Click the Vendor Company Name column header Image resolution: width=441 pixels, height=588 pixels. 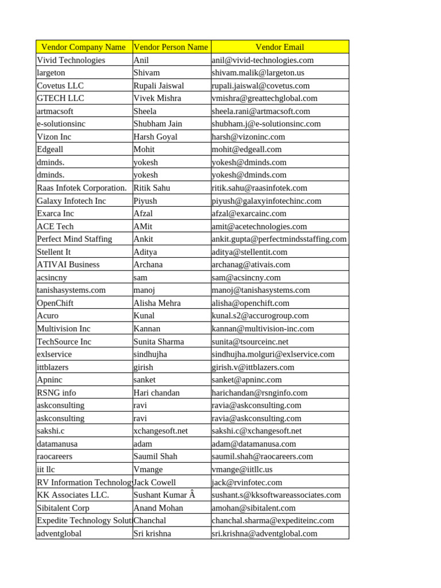(x=83, y=47)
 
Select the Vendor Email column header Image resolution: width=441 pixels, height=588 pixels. (x=280, y=47)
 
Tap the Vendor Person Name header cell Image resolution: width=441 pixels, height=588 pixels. (x=171, y=47)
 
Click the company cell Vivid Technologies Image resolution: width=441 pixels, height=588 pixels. (x=71, y=60)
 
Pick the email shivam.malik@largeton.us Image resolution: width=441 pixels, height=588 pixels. (x=258, y=73)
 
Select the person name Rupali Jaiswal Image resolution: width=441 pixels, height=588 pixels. (x=158, y=86)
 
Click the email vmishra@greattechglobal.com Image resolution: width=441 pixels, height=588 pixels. (x=264, y=98)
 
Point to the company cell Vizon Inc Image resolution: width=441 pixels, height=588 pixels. (x=54, y=137)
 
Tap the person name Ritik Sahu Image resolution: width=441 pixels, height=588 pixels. (x=152, y=188)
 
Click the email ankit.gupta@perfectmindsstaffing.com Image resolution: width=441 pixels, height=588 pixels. (x=279, y=239)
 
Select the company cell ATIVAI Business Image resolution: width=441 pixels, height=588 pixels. (x=68, y=265)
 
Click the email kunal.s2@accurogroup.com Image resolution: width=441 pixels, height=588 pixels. (x=260, y=316)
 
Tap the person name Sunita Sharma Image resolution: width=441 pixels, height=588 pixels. (x=158, y=342)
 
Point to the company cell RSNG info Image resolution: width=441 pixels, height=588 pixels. (x=56, y=393)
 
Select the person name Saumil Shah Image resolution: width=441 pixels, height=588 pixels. (x=155, y=457)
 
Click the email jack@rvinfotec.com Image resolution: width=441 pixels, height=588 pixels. (x=247, y=482)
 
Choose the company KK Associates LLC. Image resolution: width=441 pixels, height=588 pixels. (x=73, y=495)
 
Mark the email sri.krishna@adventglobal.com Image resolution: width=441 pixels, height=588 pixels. (x=264, y=533)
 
